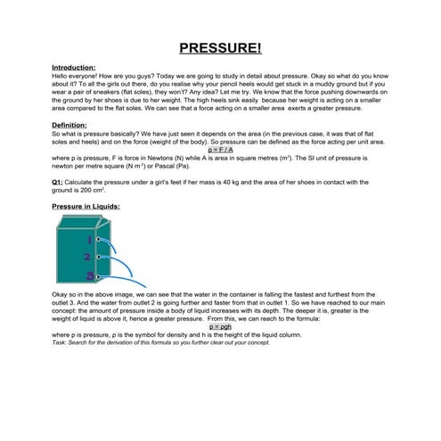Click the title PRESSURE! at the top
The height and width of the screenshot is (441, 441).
coord(220,48)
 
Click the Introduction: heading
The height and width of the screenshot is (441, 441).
coord(74,68)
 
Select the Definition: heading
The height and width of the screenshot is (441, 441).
coord(69,126)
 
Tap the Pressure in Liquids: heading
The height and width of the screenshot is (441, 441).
coord(86,207)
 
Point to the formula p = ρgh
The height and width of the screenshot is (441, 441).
coord(220,327)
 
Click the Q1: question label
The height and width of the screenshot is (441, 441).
coord(58,183)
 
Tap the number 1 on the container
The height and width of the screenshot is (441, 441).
coord(89,240)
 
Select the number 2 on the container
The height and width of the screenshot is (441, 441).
coord(87,257)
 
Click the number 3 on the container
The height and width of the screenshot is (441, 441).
coord(89,275)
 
